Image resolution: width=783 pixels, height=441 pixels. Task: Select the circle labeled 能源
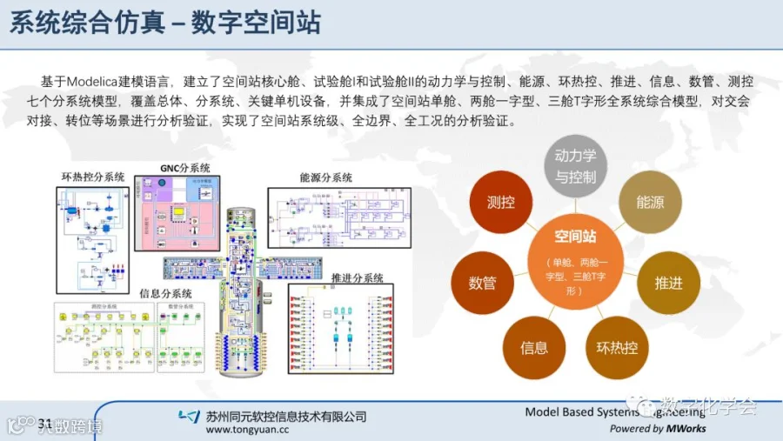[x=650, y=202]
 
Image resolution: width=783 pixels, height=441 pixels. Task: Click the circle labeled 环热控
[x=617, y=348]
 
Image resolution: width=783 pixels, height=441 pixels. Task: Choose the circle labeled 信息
[x=534, y=348]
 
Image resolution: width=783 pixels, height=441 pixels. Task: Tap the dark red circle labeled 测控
[x=500, y=202]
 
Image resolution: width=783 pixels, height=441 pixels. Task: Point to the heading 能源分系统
[x=326, y=177]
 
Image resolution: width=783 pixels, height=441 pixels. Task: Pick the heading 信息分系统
[x=166, y=294]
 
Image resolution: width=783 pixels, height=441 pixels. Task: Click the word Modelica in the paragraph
[x=118, y=82]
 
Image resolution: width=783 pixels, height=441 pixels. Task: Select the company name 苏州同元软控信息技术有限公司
[x=286, y=415]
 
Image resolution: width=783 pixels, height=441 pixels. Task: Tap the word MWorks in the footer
[x=686, y=428]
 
